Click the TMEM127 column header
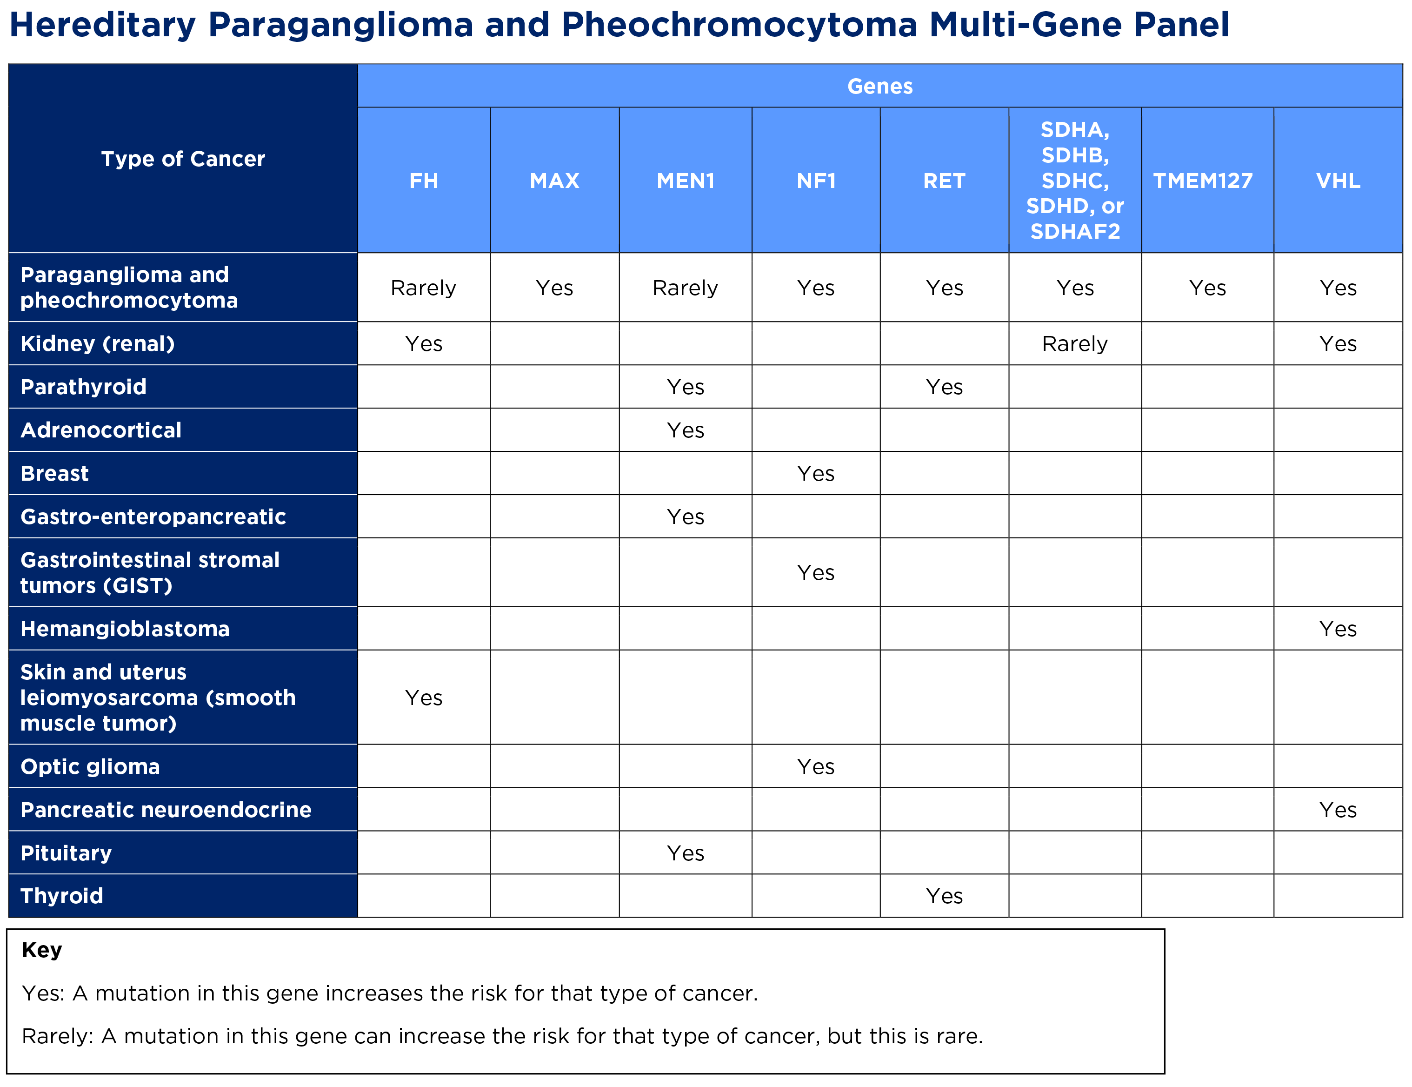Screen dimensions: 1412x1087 coord(1203,181)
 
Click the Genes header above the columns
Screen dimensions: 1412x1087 coord(880,86)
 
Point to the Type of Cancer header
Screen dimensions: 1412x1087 coord(183,159)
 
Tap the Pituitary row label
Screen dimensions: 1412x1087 coord(66,853)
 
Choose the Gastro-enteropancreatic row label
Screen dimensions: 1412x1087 coord(153,517)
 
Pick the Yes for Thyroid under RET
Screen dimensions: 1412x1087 coord(944,896)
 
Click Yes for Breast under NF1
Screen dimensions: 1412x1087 coord(815,474)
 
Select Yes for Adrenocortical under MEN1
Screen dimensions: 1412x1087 coord(686,430)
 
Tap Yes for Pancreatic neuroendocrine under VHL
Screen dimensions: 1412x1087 coord(1338,810)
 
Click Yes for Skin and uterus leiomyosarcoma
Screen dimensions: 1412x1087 coord(424,698)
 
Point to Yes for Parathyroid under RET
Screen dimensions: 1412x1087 coord(944,387)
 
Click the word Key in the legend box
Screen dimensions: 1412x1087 coord(42,950)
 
